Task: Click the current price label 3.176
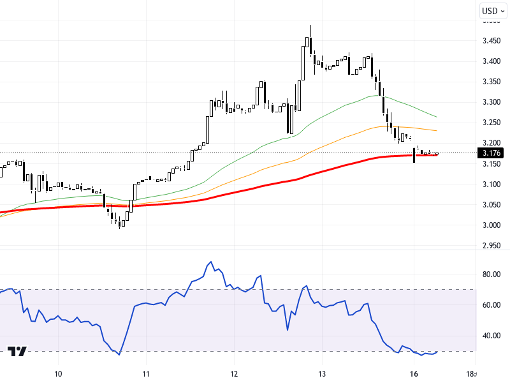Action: tap(492, 153)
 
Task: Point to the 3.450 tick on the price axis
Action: tap(492, 41)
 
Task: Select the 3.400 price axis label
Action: tap(492, 61)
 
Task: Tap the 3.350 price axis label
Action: tap(492, 82)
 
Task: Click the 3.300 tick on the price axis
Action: tap(492, 102)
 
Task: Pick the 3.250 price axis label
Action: tap(492, 123)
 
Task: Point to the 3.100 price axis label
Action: tap(492, 184)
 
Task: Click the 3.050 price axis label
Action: tap(492, 205)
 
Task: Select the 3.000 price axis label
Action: tap(492, 225)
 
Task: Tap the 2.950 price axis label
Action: tap(492, 246)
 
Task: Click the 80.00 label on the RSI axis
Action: tap(492, 274)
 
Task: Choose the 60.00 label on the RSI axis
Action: tap(492, 305)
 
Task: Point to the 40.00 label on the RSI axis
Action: tap(492, 336)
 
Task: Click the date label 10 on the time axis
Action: tap(58, 373)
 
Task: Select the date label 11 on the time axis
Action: tap(146, 373)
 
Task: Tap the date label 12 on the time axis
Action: tap(234, 373)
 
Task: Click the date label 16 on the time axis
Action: tap(414, 373)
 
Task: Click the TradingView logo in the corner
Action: tap(17, 351)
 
